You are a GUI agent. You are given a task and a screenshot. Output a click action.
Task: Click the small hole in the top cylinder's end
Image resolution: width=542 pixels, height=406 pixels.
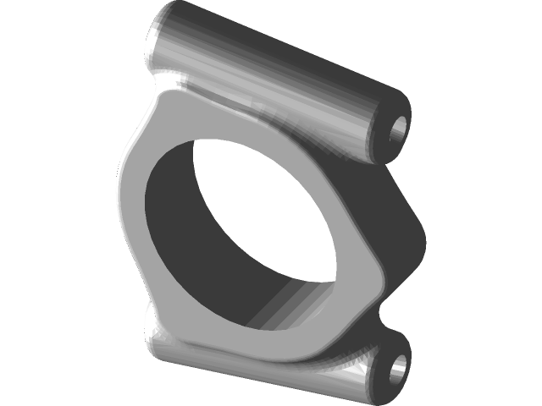tap(398, 131)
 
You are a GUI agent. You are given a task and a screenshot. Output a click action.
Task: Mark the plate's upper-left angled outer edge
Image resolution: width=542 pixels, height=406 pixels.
tap(135, 135)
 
